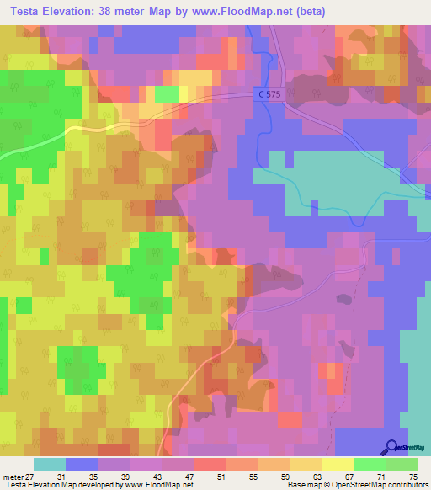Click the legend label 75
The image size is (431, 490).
tap(412, 477)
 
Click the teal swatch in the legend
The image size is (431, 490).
tap(50, 464)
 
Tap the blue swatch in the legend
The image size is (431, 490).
tap(82, 464)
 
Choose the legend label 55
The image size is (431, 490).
tap(253, 477)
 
